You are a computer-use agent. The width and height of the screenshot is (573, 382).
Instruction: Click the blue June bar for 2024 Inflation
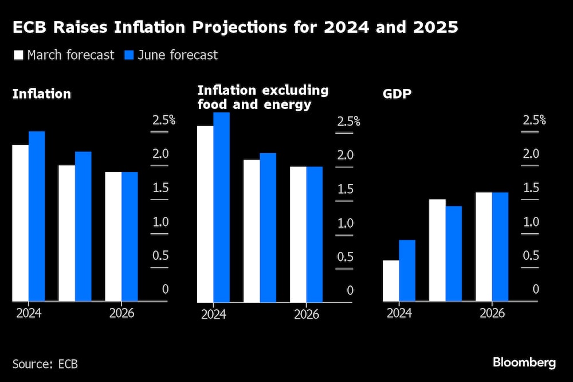[x=37, y=216]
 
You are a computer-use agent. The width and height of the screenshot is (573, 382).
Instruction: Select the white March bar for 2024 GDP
[x=391, y=280]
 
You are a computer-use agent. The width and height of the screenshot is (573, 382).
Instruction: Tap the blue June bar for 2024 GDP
[x=407, y=270]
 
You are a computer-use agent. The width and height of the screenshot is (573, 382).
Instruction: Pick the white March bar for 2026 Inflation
[x=113, y=236]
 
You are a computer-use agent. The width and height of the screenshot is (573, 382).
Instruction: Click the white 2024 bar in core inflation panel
[x=205, y=214]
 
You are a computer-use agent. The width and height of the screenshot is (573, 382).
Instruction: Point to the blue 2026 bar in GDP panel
[x=500, y=247]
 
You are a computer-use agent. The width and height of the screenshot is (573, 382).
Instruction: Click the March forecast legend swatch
[x=17, y=56]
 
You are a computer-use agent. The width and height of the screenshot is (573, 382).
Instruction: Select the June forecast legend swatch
[x=129, y=56]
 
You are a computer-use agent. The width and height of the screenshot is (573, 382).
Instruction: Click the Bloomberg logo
[x=524, y=362]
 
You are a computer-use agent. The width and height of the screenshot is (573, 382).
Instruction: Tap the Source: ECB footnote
[x=45, y=364]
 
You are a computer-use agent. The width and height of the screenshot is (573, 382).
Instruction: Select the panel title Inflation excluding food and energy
[x=263, y=97]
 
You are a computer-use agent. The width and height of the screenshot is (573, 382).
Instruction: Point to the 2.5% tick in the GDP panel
[x=534, y=120]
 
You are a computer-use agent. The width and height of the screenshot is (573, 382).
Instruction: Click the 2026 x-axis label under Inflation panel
[x=121, y=313]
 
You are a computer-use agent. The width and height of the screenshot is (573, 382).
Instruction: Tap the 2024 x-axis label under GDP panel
[x=399, y=313]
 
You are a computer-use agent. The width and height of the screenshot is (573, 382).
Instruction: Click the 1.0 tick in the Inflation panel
[x=160, y=221]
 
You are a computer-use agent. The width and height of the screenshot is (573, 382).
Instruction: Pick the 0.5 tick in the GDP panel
[x=531, y=255]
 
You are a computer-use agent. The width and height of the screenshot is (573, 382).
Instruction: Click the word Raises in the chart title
[x=87, y=28]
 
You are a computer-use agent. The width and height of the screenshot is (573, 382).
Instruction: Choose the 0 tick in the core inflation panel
[x=350, y=290]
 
